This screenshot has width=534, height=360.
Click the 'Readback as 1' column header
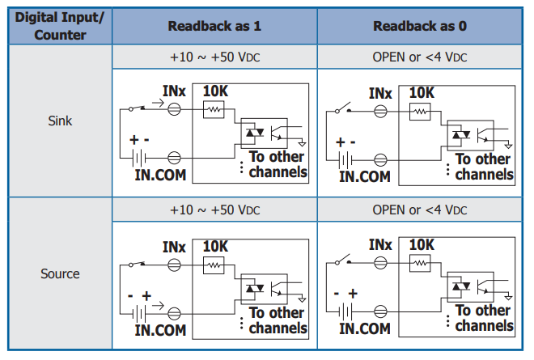point(214,26)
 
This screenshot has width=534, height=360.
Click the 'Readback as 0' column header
point(420,26)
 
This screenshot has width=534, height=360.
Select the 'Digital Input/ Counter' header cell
point(60,26)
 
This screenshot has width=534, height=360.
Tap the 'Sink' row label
point(60,121)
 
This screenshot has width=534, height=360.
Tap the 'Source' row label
point(60,273)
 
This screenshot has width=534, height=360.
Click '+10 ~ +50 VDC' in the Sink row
point(215,57)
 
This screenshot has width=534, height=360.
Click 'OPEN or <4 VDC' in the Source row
point(420,210)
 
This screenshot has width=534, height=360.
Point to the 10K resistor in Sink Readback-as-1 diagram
point(214,109)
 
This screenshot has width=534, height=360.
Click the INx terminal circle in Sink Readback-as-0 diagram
point(380,112)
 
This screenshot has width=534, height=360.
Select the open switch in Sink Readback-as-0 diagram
point(343,108)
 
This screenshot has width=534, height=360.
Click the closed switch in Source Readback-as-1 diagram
point(137,264)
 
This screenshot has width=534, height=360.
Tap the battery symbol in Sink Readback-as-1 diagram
point(139,158)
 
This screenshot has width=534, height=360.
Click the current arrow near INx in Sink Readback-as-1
point(158,103)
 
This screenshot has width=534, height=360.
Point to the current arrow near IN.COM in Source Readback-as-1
point(158,306)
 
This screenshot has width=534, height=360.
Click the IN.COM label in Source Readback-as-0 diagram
point(365,328)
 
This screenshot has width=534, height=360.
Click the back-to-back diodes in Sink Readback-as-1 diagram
point(255,132)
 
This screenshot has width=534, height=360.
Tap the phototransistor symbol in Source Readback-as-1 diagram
point(277,289)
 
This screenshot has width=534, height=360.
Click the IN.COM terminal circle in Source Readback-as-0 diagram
point(380,311)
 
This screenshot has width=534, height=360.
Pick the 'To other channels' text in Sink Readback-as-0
point(485,167)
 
